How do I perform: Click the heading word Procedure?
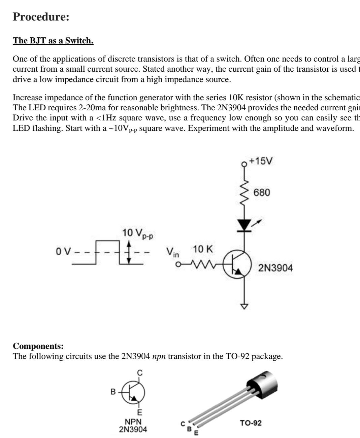pyautogui.click(x=41, y=17)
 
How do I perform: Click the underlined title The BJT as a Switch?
pyautogui.click(x=53, y=41)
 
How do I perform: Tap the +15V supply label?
pyautogui.click(x=261, y=161)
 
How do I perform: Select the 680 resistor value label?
pyautogui.click(x=262, y=192)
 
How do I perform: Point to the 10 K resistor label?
pyautogui.click(x=203, y=249)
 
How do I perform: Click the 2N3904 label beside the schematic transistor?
pyautogui.click(x=275, y=268)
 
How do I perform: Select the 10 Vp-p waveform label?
pyautogui.click(x=137, y=233)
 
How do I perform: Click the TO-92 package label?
pyautogui.click(x=251, y=423)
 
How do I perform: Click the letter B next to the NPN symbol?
pyautogui.click(x=113, y=392)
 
